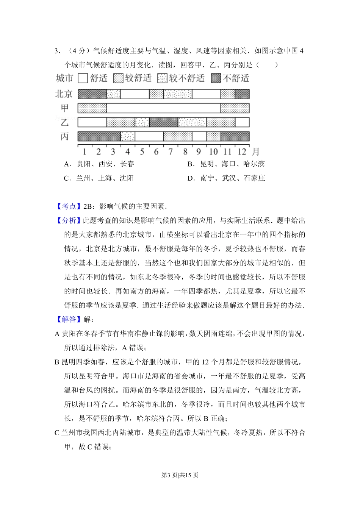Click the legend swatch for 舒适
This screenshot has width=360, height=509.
pos(83,78)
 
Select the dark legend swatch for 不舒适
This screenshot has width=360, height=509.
pos(216,78)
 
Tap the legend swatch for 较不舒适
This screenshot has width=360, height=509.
pos(162,78)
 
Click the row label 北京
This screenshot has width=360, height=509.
pos(64,94)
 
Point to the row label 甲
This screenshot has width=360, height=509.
pos(65,108)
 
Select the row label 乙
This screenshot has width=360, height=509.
pos(65,122)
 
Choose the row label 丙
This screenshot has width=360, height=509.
pos(65,136)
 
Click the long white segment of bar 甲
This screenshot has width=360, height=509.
pos(163,108)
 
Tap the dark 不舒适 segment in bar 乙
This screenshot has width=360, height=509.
pos(163,122)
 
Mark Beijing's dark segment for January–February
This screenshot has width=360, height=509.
pos(92,94)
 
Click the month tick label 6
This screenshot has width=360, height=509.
pos(156,152)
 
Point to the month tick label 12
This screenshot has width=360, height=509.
pos(242,152)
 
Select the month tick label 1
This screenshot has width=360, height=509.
pos(85,152)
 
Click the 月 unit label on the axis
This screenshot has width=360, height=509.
pos(256,152)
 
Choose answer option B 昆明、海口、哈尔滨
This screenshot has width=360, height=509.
pos(226,164)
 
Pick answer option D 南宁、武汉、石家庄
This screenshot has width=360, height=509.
pos(226,178)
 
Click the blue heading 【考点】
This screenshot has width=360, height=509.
pos(69,206)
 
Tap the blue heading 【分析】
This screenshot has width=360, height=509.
pos(69,220)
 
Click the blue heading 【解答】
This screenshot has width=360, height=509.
pos(69,319)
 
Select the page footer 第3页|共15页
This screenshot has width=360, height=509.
pos(180,475)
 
